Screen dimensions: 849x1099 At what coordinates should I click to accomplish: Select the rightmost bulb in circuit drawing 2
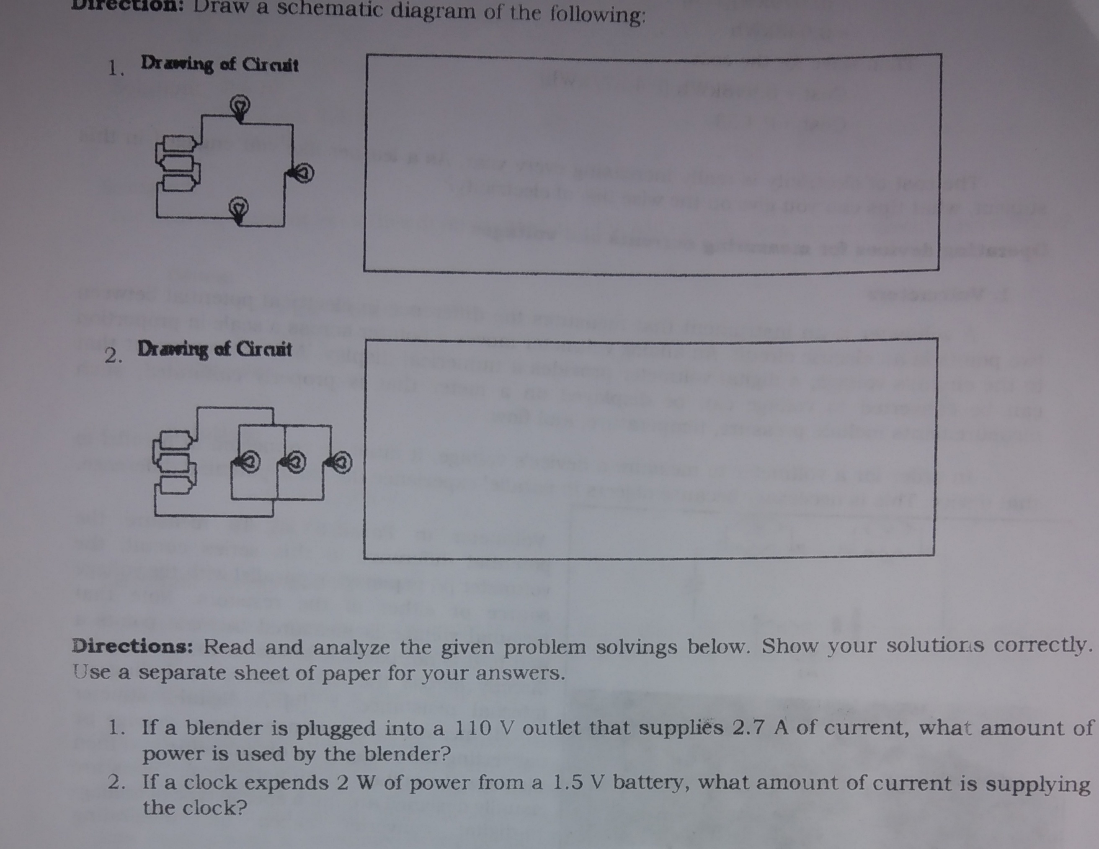[x=342, y=462]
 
